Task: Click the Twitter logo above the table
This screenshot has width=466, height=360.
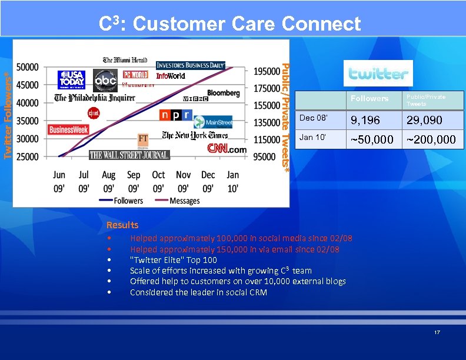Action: (378, 74)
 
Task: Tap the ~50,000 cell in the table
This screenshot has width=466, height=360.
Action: (372, 139)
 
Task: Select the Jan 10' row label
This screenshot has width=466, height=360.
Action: (312, 137)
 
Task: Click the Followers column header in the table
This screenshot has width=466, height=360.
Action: (370, 99)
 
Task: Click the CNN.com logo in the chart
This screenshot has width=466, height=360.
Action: (227, 149)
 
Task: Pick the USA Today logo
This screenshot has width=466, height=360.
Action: (71, 79)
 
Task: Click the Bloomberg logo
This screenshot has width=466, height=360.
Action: (223, 93)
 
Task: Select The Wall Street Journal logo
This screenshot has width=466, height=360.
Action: (129, 155)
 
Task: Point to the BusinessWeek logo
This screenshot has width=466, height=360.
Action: (68, 129)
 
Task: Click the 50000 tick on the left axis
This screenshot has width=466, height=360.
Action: (28, 68)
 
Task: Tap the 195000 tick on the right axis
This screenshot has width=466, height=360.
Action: (267, 71)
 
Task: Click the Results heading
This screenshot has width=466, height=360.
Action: (122, 225)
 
